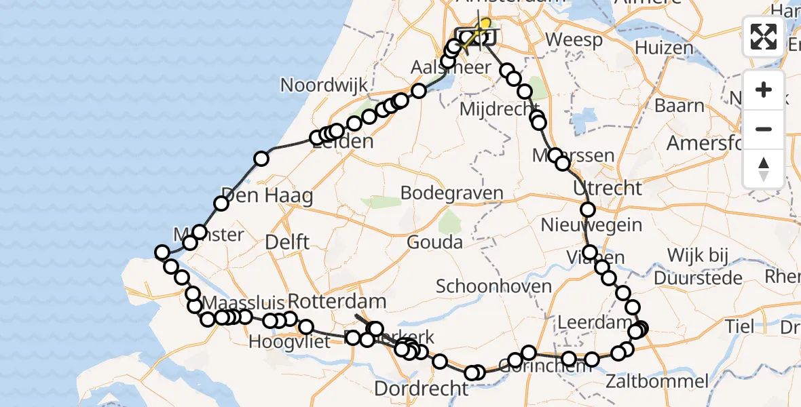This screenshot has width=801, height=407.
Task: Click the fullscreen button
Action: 764,37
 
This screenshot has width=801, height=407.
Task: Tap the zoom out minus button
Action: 764,129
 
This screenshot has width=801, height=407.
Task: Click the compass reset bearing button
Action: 764,168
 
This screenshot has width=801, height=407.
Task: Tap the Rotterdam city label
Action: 337,301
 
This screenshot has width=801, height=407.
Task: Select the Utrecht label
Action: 608,187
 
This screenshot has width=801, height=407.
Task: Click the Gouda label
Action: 434,242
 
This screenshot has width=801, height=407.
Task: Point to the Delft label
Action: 287,241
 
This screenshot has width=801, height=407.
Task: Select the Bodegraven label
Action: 451,193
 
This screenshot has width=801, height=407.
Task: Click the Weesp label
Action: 574,40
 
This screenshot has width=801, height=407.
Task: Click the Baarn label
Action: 679,106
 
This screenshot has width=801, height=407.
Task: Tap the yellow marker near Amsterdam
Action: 484,24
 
